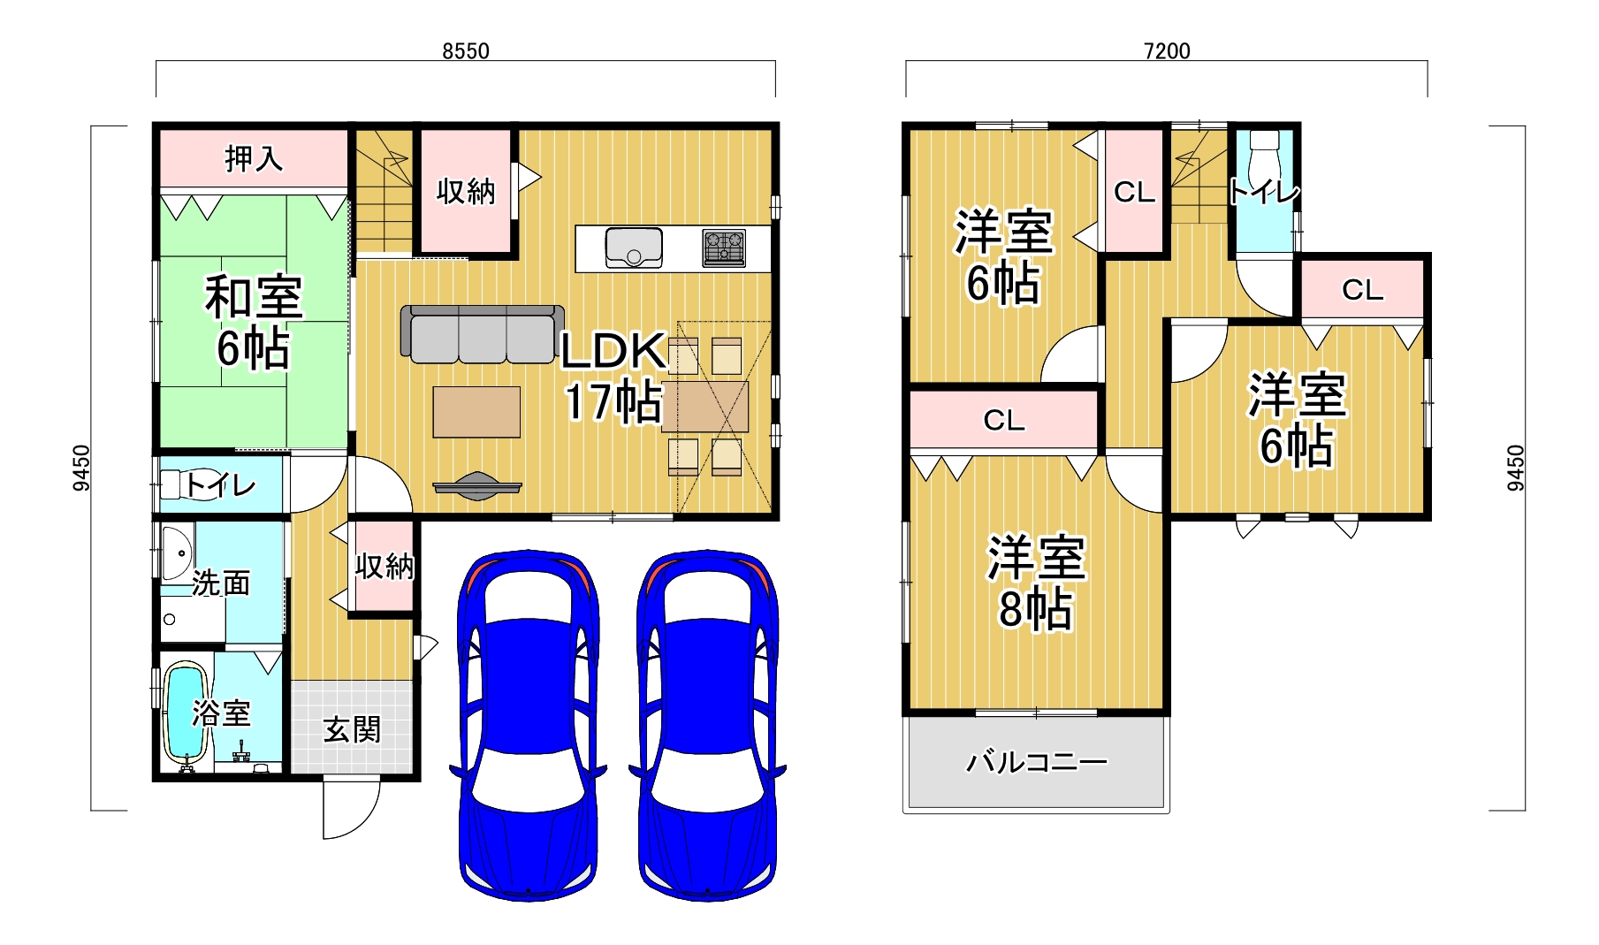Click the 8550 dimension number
tap(465, 51)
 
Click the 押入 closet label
tap(254, 159)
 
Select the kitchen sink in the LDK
tap(634, 248)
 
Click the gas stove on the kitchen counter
tap(724, 248)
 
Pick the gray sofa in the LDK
tap(483, 334)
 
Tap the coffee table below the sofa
tap(476, 412)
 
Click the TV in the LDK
tap(477, 486)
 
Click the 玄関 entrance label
tap(352, 730)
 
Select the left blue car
tap(529, 725)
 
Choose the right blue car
tap(707, 725)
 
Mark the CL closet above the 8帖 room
tap(1004, 420)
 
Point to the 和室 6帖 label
tap(254, 322)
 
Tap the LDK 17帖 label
tap(613, 377)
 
